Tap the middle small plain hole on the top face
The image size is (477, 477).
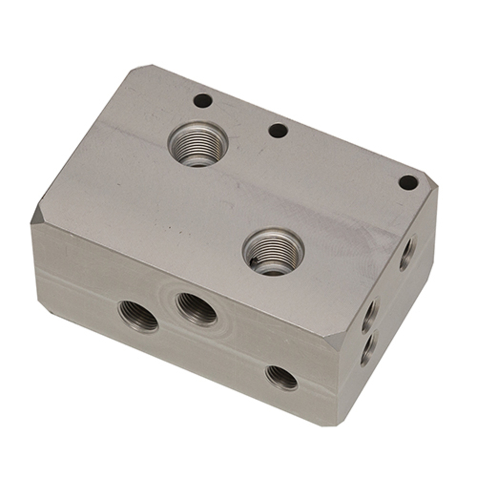click(278, 130)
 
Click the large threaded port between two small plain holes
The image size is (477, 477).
click(197, 144)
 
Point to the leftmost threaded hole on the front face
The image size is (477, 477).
click(138, 316)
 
